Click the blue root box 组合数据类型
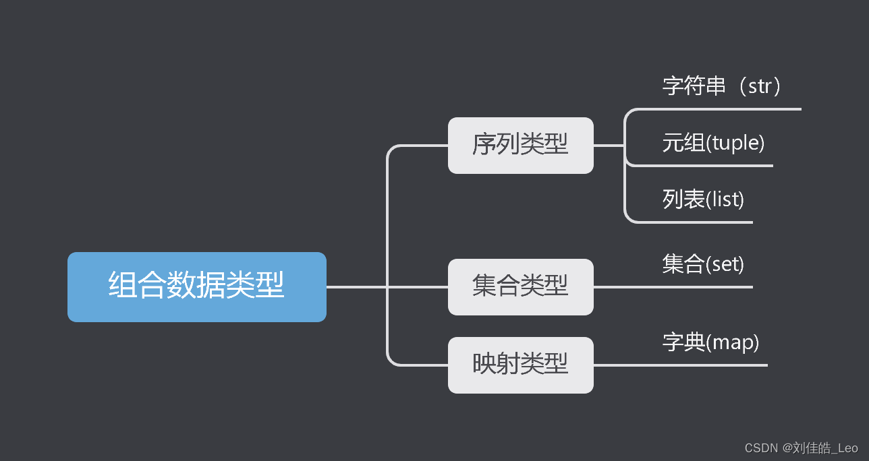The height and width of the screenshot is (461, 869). click(x=196, y=286)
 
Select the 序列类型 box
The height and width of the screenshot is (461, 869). click(x=520, y=145)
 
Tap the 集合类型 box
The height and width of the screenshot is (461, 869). click(x=520, y=286)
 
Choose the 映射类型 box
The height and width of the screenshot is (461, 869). click(x=520, y=365)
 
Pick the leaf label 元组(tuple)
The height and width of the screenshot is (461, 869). click(x=713, y=143)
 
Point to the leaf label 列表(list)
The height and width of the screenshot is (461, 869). click(x=703, y=199)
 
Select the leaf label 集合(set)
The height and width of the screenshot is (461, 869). click(x=703, y=264)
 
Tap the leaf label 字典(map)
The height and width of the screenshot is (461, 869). click(x=710, y=342)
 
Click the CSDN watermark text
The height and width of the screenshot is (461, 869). click(x=801, y=448)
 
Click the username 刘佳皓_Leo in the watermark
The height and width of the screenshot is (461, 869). click(x=824, y=448)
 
